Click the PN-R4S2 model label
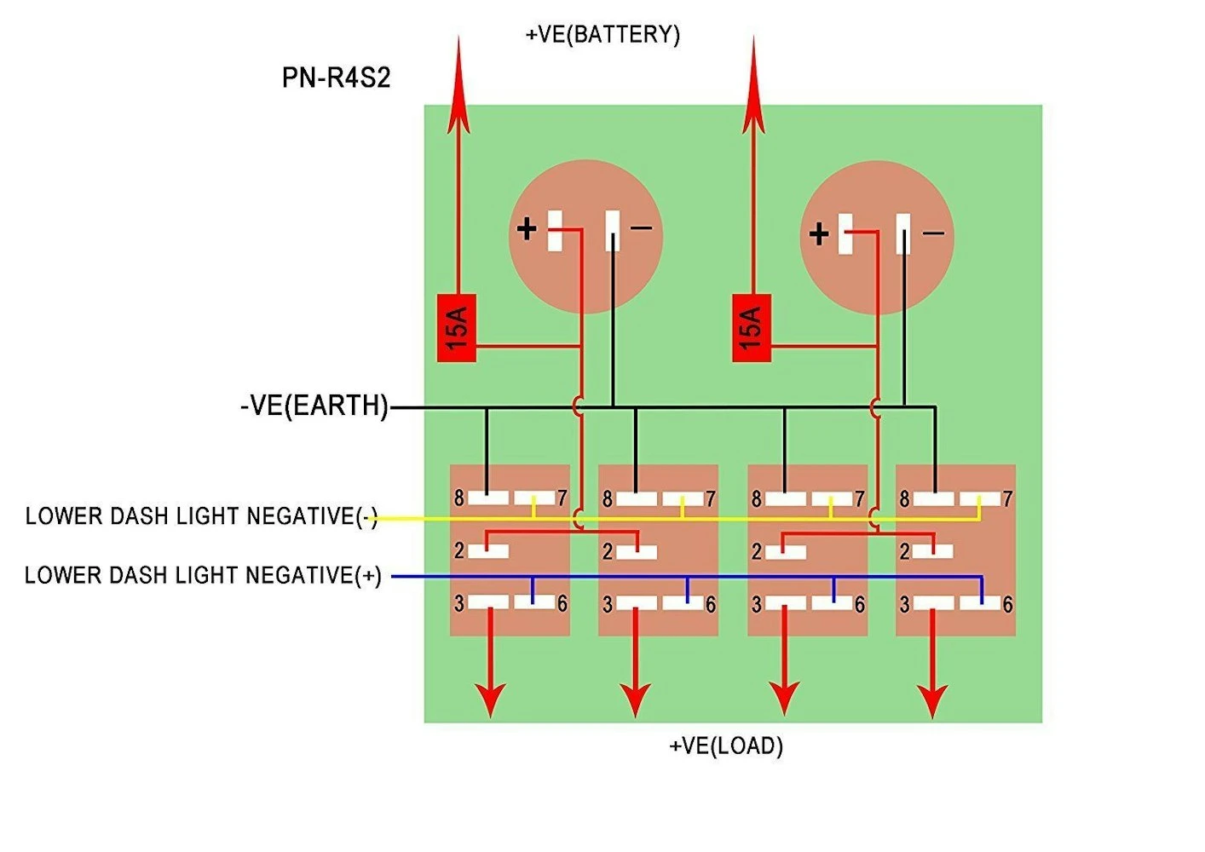coord(336,78)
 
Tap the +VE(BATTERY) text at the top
coord(602,34)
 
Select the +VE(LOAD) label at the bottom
coord(725,745)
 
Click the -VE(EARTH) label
coord(314,406)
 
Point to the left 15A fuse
coord(457,328)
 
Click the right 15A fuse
coord(752,328)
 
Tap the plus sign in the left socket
coord(527,228)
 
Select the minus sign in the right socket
coord(934,233)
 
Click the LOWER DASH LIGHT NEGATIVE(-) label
coord(201,516)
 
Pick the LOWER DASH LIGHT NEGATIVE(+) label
coord(203,576)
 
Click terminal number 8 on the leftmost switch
coord(459,498)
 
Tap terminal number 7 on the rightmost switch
coord(1007,498)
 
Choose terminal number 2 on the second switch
coord(608,551)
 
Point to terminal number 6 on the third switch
coord(859,604)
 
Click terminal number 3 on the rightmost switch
coord(904,604)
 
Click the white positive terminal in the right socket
coord(846,233)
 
